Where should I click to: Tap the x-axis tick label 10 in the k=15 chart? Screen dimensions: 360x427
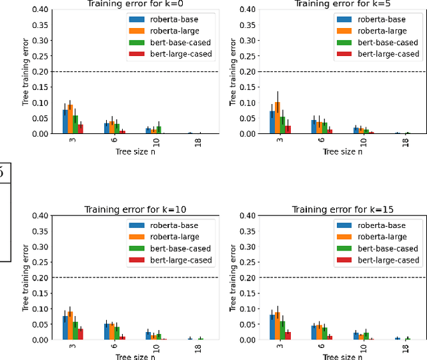[x=364, y=349]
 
